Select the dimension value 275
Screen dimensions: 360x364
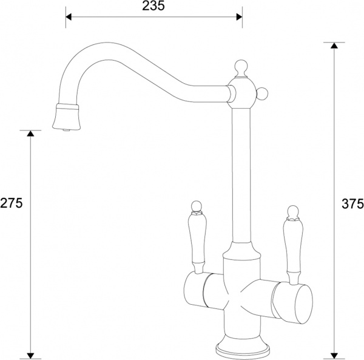[x=12, y=203]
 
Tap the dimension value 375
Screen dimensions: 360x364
[x=352, y=203]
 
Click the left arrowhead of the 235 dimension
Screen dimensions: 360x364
[x=69, y=16]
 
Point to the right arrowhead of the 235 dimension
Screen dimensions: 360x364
[x=238, y=16]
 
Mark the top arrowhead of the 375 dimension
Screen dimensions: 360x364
[x=333, y=47]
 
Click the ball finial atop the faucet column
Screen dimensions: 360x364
[x=239, y=65]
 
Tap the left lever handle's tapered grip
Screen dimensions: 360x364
[x=197, y=240]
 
